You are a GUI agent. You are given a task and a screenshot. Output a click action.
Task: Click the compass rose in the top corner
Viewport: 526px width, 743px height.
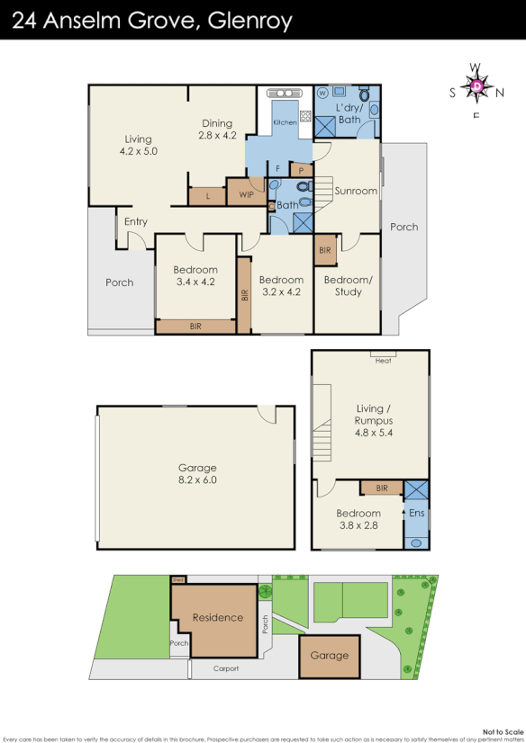(476, 86)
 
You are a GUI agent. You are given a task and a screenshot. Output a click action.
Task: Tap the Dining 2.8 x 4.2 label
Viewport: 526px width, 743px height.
(217, 130)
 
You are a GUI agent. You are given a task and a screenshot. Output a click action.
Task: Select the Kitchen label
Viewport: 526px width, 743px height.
(285, 122)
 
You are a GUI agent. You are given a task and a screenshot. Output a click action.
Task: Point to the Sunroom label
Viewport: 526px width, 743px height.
(356, 191)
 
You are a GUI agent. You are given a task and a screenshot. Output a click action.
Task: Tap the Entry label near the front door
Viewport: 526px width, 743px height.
(136, 222)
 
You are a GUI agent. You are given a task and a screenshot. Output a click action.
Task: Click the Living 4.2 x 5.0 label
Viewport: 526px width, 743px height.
(139, 145)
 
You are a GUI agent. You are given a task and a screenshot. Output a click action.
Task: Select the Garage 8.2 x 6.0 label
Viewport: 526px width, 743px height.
(197, 474)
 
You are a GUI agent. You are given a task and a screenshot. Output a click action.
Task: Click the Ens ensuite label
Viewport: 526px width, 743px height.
(416, 513)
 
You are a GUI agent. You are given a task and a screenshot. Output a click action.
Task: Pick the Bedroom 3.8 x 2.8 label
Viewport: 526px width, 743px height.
(358, 519)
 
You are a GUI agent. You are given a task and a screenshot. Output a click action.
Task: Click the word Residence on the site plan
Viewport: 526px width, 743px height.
(218, 617)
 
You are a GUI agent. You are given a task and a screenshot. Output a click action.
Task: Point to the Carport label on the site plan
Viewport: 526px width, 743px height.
(225, 668)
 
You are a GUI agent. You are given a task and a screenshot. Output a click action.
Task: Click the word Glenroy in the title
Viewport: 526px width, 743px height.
(249, 20)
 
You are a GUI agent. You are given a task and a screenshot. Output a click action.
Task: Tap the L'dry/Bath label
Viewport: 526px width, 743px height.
(349, 113)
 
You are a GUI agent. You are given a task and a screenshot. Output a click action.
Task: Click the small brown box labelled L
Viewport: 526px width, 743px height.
(208, 194)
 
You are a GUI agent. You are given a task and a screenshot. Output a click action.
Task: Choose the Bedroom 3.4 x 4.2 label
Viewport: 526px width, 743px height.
(195, 275)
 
